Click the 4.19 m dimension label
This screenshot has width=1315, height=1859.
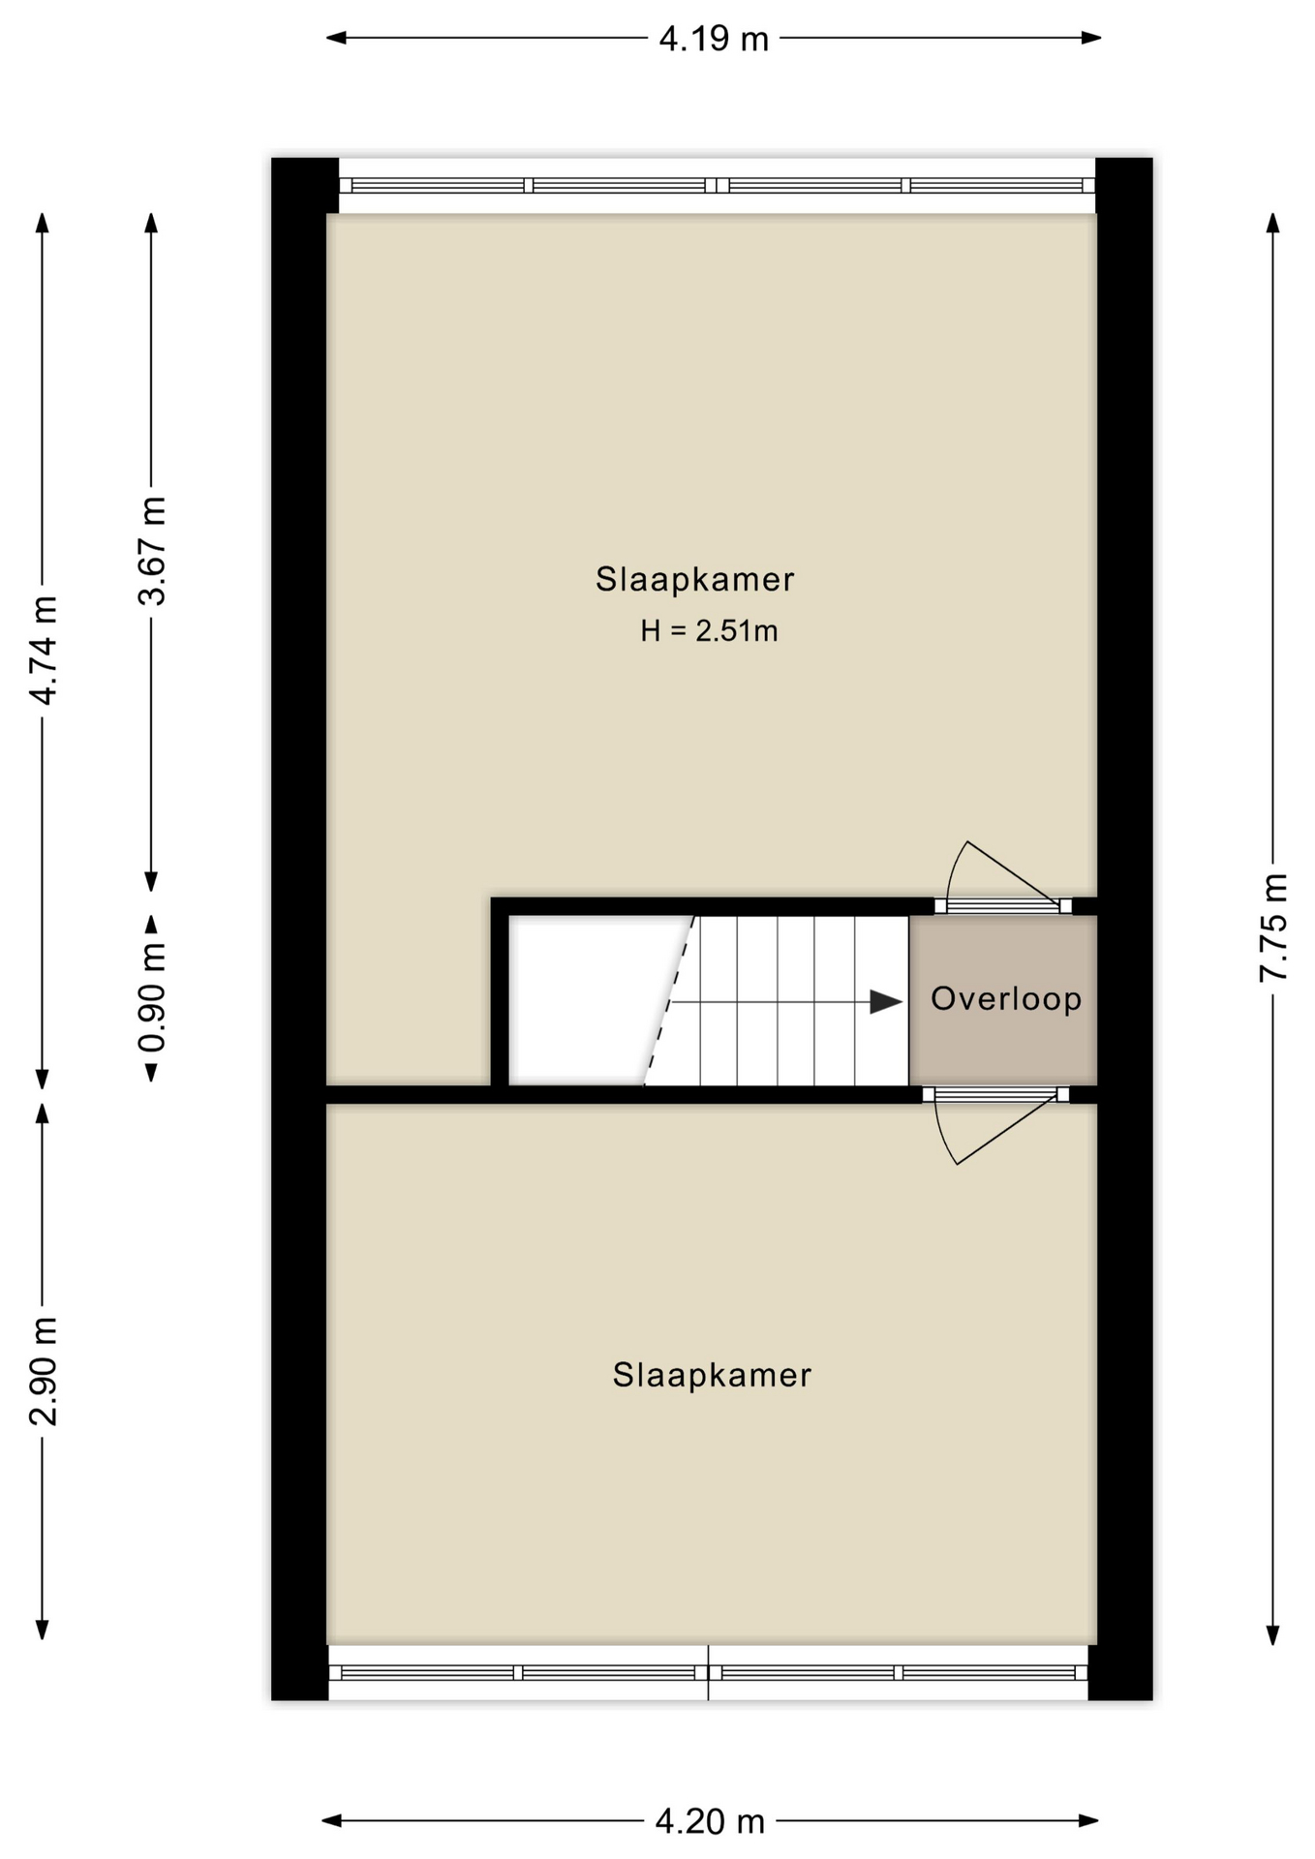point(713,39)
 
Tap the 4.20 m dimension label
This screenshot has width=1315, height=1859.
point(710,1822)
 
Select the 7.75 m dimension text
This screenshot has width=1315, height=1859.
point(1274,928)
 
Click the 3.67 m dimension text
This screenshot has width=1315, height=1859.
point(152,551)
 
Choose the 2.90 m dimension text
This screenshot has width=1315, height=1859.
point(44,1371)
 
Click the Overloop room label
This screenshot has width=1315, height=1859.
point(1006,998)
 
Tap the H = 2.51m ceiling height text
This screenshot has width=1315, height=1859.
point(709,631)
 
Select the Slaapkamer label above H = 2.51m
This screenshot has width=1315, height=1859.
point(694,579)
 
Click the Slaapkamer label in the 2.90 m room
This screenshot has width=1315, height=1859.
point(712,1375)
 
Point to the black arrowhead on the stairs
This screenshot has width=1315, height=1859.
point(885,1002)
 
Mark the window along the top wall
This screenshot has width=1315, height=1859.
point(717,185)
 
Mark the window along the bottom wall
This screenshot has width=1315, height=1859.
point(708,1672)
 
